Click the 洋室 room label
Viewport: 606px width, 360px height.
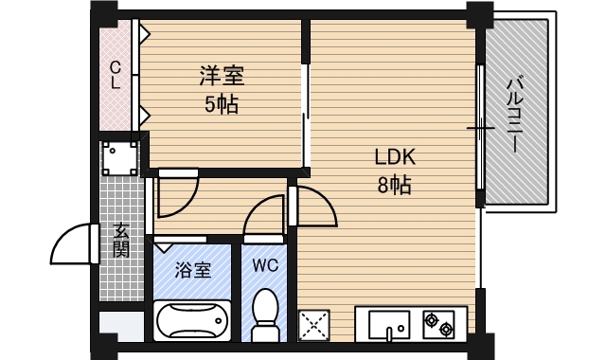(222, 76)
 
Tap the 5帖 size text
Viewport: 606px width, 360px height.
(222, 103)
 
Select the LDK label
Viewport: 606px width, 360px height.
(395, 157)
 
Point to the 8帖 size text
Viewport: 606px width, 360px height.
(394, 185)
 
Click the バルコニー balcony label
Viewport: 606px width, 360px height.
(515, 115)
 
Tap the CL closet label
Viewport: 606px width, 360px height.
(116, 76)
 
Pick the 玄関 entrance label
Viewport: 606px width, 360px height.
(121, 240)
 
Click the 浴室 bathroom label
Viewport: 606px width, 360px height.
(193, 270)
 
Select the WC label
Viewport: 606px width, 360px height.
(265, 265)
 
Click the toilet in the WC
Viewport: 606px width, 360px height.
(265, 314)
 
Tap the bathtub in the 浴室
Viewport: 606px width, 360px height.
(192, 320)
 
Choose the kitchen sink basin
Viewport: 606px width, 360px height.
(389, 324)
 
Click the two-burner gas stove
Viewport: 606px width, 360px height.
(438, 324)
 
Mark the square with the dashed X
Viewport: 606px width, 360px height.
(313, 325)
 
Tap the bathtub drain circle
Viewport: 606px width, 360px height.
(219, 320)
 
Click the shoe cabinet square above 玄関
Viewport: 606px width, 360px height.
(120, 158)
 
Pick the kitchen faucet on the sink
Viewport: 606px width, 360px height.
(389, 334)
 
